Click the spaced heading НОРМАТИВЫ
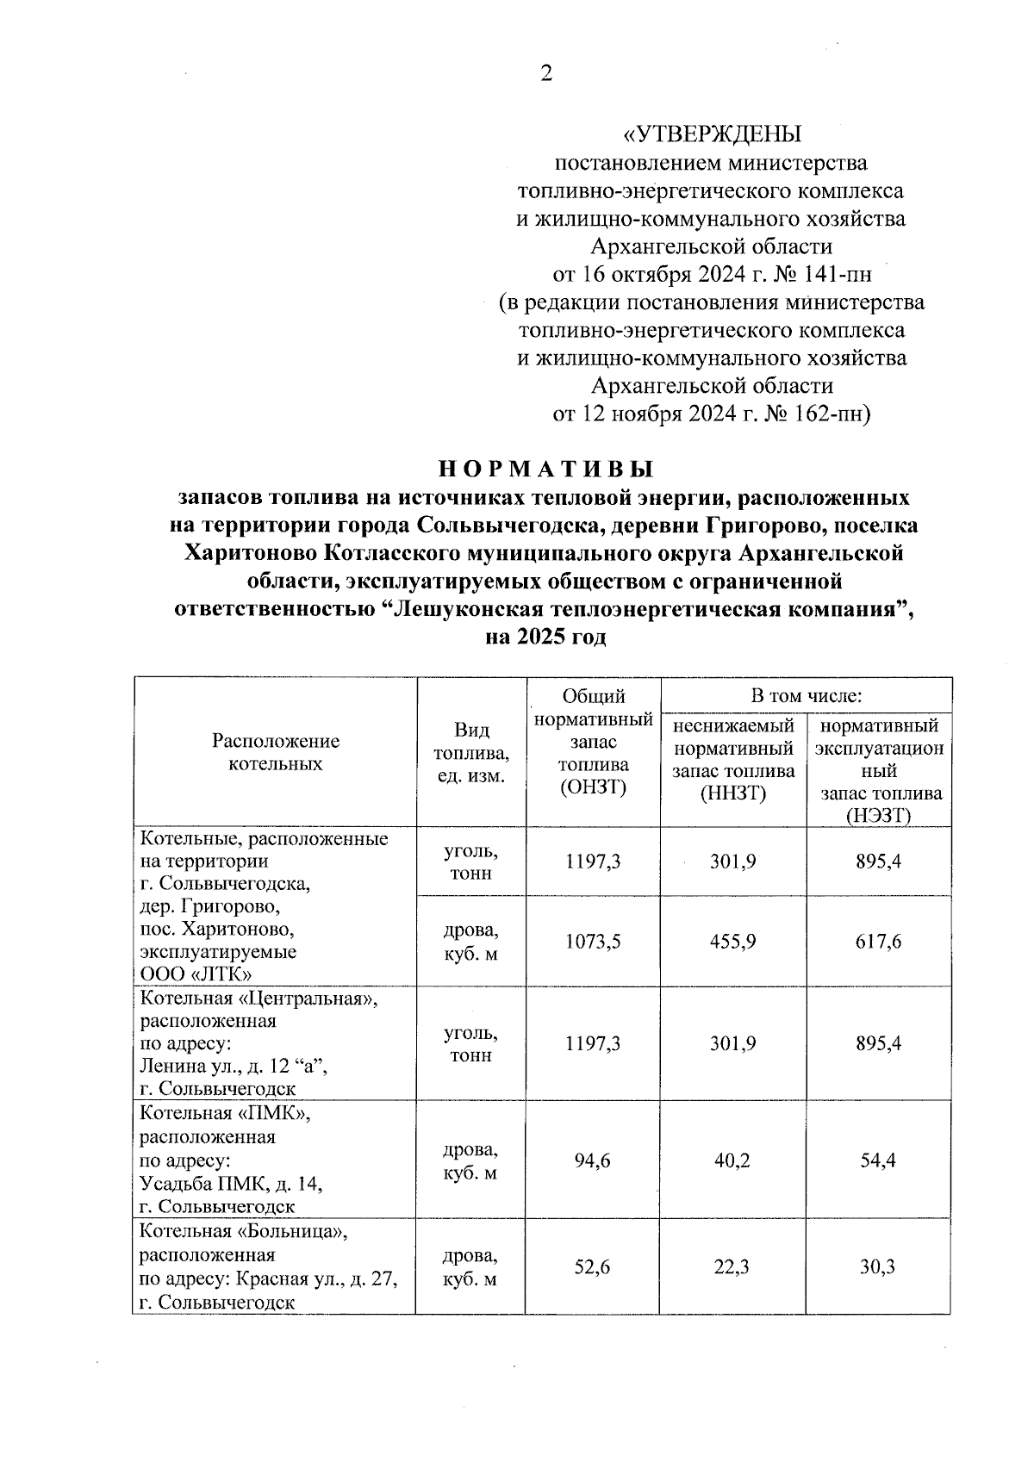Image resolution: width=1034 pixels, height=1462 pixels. pos(546,470)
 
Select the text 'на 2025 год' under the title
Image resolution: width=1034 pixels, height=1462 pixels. pos(546,638)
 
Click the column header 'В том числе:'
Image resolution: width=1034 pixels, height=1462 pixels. pos(806,695)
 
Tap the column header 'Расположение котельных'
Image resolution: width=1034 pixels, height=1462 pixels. pos(276,752)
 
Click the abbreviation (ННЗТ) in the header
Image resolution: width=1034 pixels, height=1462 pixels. pos(733,793)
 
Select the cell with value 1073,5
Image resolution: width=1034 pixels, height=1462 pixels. pos(593,942)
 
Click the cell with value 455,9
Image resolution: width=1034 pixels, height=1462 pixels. pos(733,942)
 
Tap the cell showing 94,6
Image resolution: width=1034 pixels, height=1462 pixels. pos(593,1161)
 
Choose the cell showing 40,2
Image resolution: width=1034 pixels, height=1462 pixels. pos(733,1161)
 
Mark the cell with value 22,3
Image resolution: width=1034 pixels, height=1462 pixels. pos(733,1267)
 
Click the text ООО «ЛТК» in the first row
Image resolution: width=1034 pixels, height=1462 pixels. pos(196,974)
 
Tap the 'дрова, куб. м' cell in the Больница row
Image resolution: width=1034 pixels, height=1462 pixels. pos(470,1267)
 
